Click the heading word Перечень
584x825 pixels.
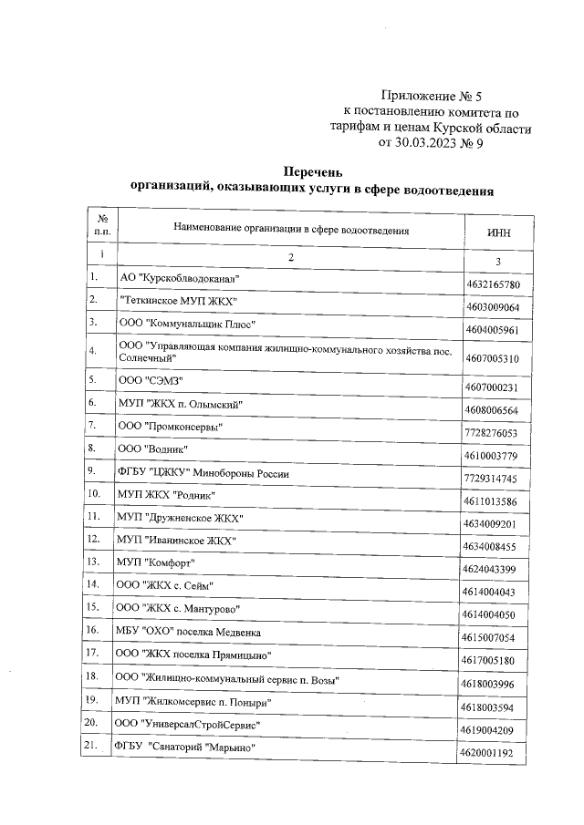click(x=312, y=171)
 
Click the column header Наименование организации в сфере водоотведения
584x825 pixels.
click(x=290, y=231)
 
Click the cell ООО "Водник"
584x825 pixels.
click(x=157, y=449)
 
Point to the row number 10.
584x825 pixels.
click(x=94, y=494)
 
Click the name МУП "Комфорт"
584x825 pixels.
click(x=160, y=563)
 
